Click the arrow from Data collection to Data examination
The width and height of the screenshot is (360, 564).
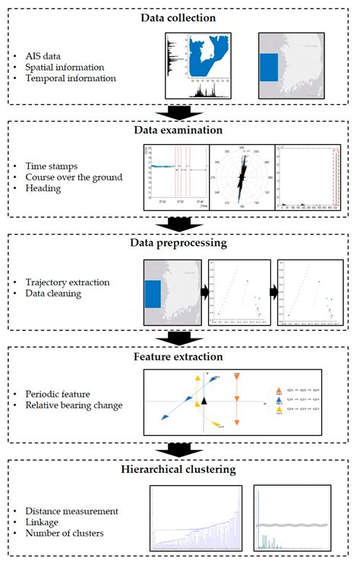click(181, 112)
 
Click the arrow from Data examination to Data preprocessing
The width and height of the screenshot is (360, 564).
click(181, 224)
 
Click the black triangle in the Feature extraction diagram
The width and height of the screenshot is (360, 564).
click(204, 400)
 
